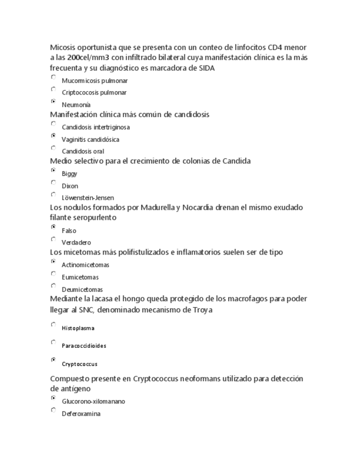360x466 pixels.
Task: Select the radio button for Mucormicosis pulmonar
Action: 53,77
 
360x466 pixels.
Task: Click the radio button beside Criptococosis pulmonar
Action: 53,89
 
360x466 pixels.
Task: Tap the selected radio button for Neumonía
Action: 53,102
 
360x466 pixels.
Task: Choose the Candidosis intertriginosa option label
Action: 96,127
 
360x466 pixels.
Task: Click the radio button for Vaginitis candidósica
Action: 53,135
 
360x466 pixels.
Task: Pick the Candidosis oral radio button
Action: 53,148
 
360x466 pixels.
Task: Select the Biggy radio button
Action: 53,170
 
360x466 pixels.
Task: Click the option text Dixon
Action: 70,186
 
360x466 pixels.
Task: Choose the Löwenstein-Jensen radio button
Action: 53,195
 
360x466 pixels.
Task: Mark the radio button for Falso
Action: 53,227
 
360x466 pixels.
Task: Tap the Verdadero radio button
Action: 53,239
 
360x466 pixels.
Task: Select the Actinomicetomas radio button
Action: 53,262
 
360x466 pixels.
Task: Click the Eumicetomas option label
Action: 80,277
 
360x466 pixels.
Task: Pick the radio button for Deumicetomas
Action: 53,286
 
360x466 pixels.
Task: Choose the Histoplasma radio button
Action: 53,325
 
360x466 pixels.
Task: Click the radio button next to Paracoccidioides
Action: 53,342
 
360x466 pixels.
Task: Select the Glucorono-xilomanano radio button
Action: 53,398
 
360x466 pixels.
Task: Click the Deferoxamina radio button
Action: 53,410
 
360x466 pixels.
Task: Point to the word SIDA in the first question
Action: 206,68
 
